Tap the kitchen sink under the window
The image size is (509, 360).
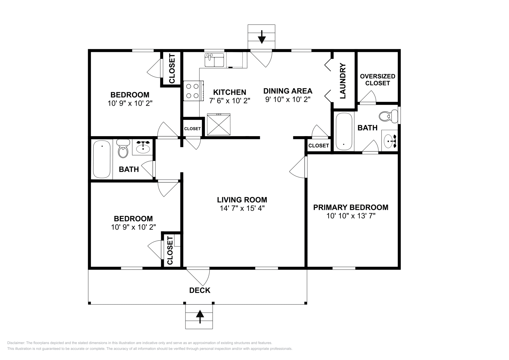214,60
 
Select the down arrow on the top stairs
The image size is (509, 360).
261,37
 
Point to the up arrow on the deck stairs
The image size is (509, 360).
199,317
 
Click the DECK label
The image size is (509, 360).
199,290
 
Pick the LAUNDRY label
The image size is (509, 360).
343,81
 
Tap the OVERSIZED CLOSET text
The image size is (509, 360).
377,80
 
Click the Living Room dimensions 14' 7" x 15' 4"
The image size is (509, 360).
242,208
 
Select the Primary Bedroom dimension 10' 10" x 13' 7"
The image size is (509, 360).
351,216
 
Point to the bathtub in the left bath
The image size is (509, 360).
101,159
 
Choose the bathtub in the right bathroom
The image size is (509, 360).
344,131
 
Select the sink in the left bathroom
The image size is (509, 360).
143,147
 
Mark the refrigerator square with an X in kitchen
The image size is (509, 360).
219,124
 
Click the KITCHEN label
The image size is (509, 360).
229,92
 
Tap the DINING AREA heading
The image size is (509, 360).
288,91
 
